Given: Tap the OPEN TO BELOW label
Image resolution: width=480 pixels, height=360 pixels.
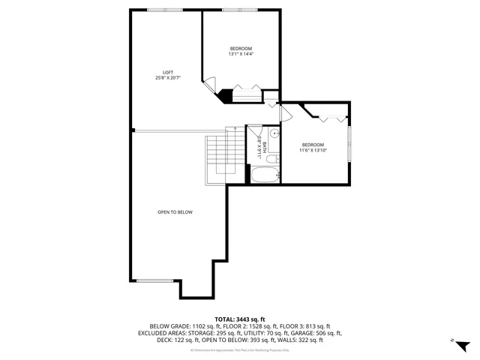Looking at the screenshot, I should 175,212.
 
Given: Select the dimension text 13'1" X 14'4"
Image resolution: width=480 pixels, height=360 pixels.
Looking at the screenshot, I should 241,54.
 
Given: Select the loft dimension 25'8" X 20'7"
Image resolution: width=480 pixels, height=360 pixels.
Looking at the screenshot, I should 169,78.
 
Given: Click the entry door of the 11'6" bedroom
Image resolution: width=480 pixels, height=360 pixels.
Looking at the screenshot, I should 285,112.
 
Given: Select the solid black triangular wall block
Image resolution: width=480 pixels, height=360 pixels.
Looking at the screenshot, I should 224,94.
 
